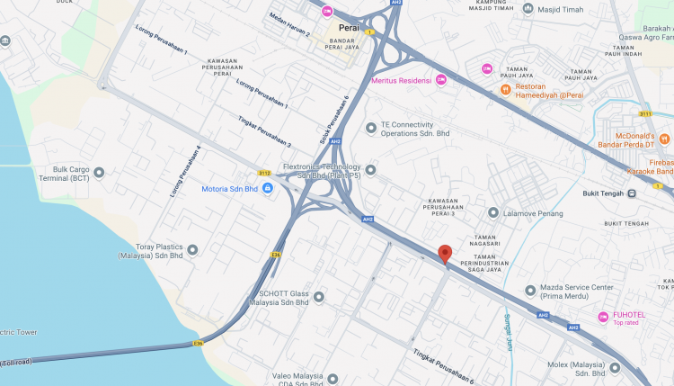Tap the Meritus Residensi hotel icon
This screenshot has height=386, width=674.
[441, 80]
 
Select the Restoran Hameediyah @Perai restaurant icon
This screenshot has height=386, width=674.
[506, 89]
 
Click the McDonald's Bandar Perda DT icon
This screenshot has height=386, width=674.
[664, 139]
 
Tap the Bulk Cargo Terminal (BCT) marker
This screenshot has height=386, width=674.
[99, 172]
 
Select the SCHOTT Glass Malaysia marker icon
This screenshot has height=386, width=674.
[318, 296]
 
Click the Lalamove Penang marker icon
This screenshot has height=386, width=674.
[493, 212]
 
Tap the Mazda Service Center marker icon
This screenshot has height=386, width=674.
[530, 291]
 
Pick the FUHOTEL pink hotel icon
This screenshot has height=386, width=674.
[603, 317]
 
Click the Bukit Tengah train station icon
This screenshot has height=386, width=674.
[632, 193]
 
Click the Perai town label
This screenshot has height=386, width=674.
[350, 28]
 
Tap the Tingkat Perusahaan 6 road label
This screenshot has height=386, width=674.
[443, 367]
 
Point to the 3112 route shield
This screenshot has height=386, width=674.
[264, 173]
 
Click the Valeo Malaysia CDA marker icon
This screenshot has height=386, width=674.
[333, 379]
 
